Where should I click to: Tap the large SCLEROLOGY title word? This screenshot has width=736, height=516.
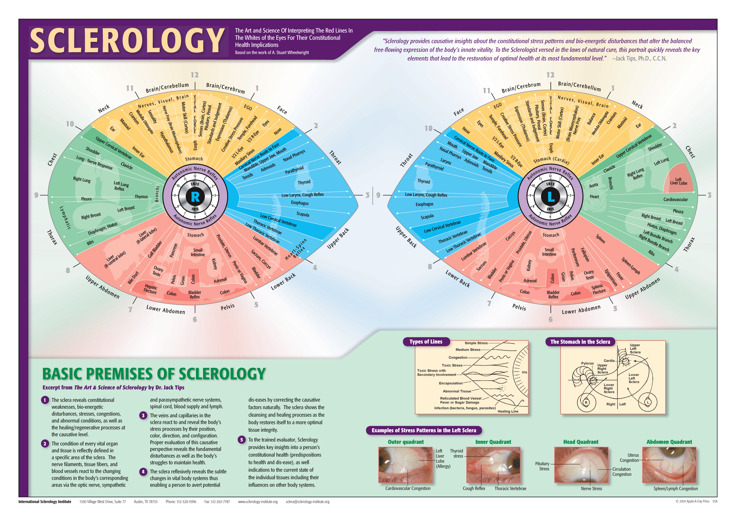(x=127, y=41)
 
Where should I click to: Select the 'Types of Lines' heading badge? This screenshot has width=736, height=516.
(x=426, y=342)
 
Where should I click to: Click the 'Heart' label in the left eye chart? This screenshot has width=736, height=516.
(x=594, y=197)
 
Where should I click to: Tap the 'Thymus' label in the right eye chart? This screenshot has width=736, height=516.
(x=141, y=197)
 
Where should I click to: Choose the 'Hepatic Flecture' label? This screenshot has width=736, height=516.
(x=150, y=289)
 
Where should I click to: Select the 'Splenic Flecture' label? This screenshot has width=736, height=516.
(x=598, y=289)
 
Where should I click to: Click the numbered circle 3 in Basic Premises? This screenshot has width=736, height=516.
(x=143, y=416)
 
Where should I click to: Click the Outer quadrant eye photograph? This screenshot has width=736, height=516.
(x=406, y=465)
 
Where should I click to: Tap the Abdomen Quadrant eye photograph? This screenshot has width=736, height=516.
(x=669, y=465)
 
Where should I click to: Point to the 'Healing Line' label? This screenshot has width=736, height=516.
(x=508, y=411)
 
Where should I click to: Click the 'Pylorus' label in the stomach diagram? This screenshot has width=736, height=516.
(x=587, y=363)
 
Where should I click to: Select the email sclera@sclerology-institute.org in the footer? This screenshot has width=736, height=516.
(x=307, y=502)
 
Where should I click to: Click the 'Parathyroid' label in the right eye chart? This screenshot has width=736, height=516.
(x=294, y=170)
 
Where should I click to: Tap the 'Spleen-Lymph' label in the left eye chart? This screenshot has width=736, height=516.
(x=630, y=266)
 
